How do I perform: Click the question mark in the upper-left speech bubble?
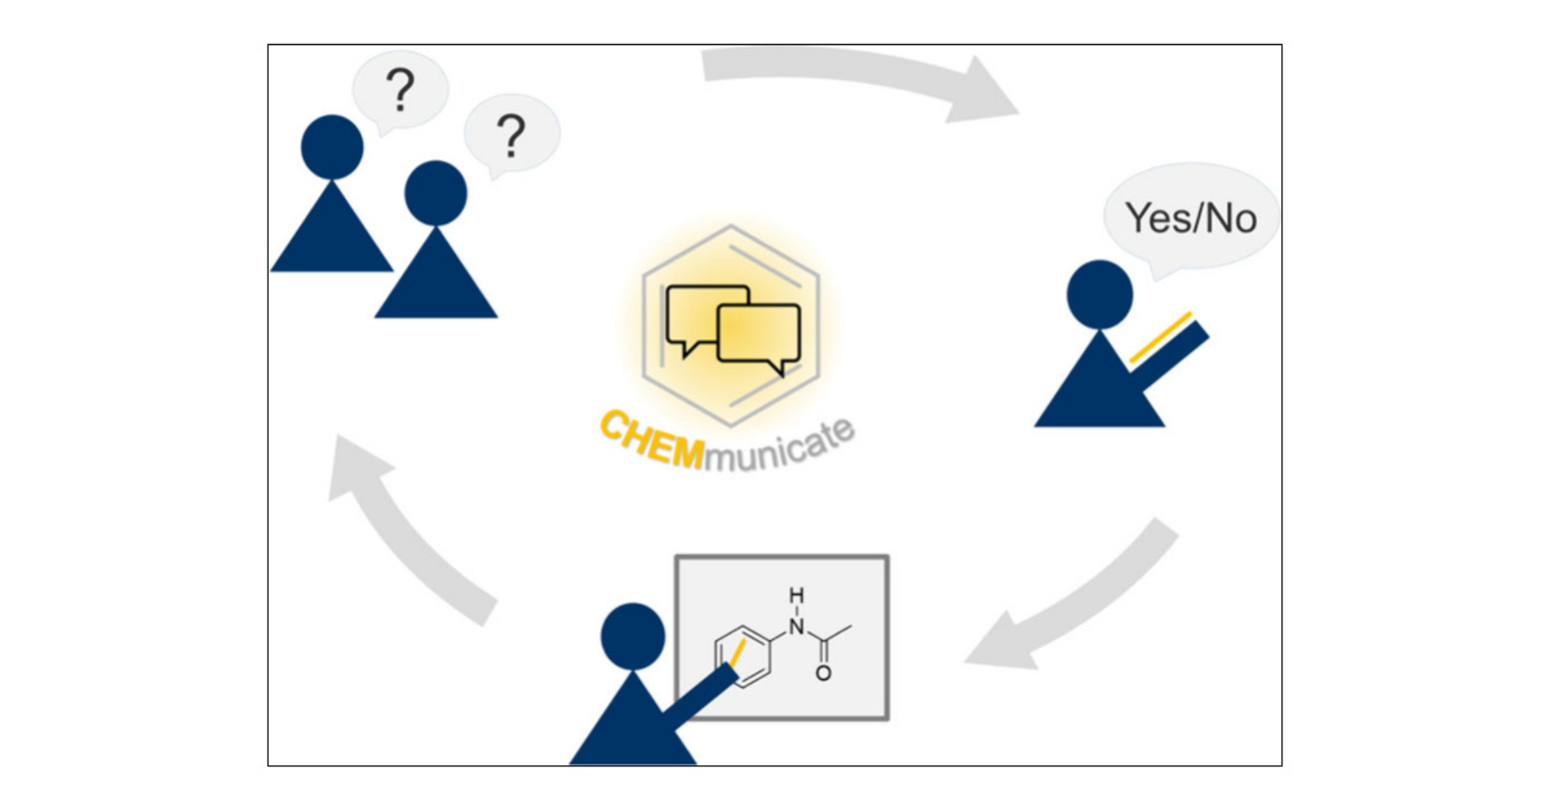point(400,89)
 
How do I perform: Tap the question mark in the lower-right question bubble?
point(511,135)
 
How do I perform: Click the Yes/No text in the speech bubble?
point(1190,218)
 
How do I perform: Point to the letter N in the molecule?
point(797,626)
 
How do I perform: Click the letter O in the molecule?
point(823,674)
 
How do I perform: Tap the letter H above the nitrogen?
point(797,595)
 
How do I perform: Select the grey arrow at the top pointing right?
point(860,77)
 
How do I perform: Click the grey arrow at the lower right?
point(1077,604)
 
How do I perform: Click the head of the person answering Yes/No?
point(1099,294)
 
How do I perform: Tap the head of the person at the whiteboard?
point(632,636)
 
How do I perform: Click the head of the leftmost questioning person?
point(332,147)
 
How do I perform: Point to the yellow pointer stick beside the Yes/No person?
point(1160,338)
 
